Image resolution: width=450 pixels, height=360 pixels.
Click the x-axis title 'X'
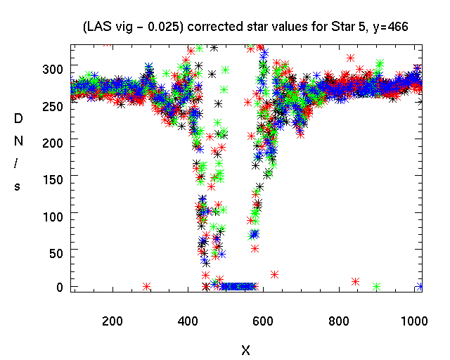(245, 349)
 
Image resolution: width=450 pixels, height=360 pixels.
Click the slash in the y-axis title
(18, 163)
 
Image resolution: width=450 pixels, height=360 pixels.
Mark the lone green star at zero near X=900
(376, 286)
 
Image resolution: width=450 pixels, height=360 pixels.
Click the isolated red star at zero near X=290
(147, 286)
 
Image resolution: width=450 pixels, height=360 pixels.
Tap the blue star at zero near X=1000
(420, 285)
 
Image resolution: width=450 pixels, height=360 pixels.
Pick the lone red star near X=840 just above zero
(356, 281)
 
